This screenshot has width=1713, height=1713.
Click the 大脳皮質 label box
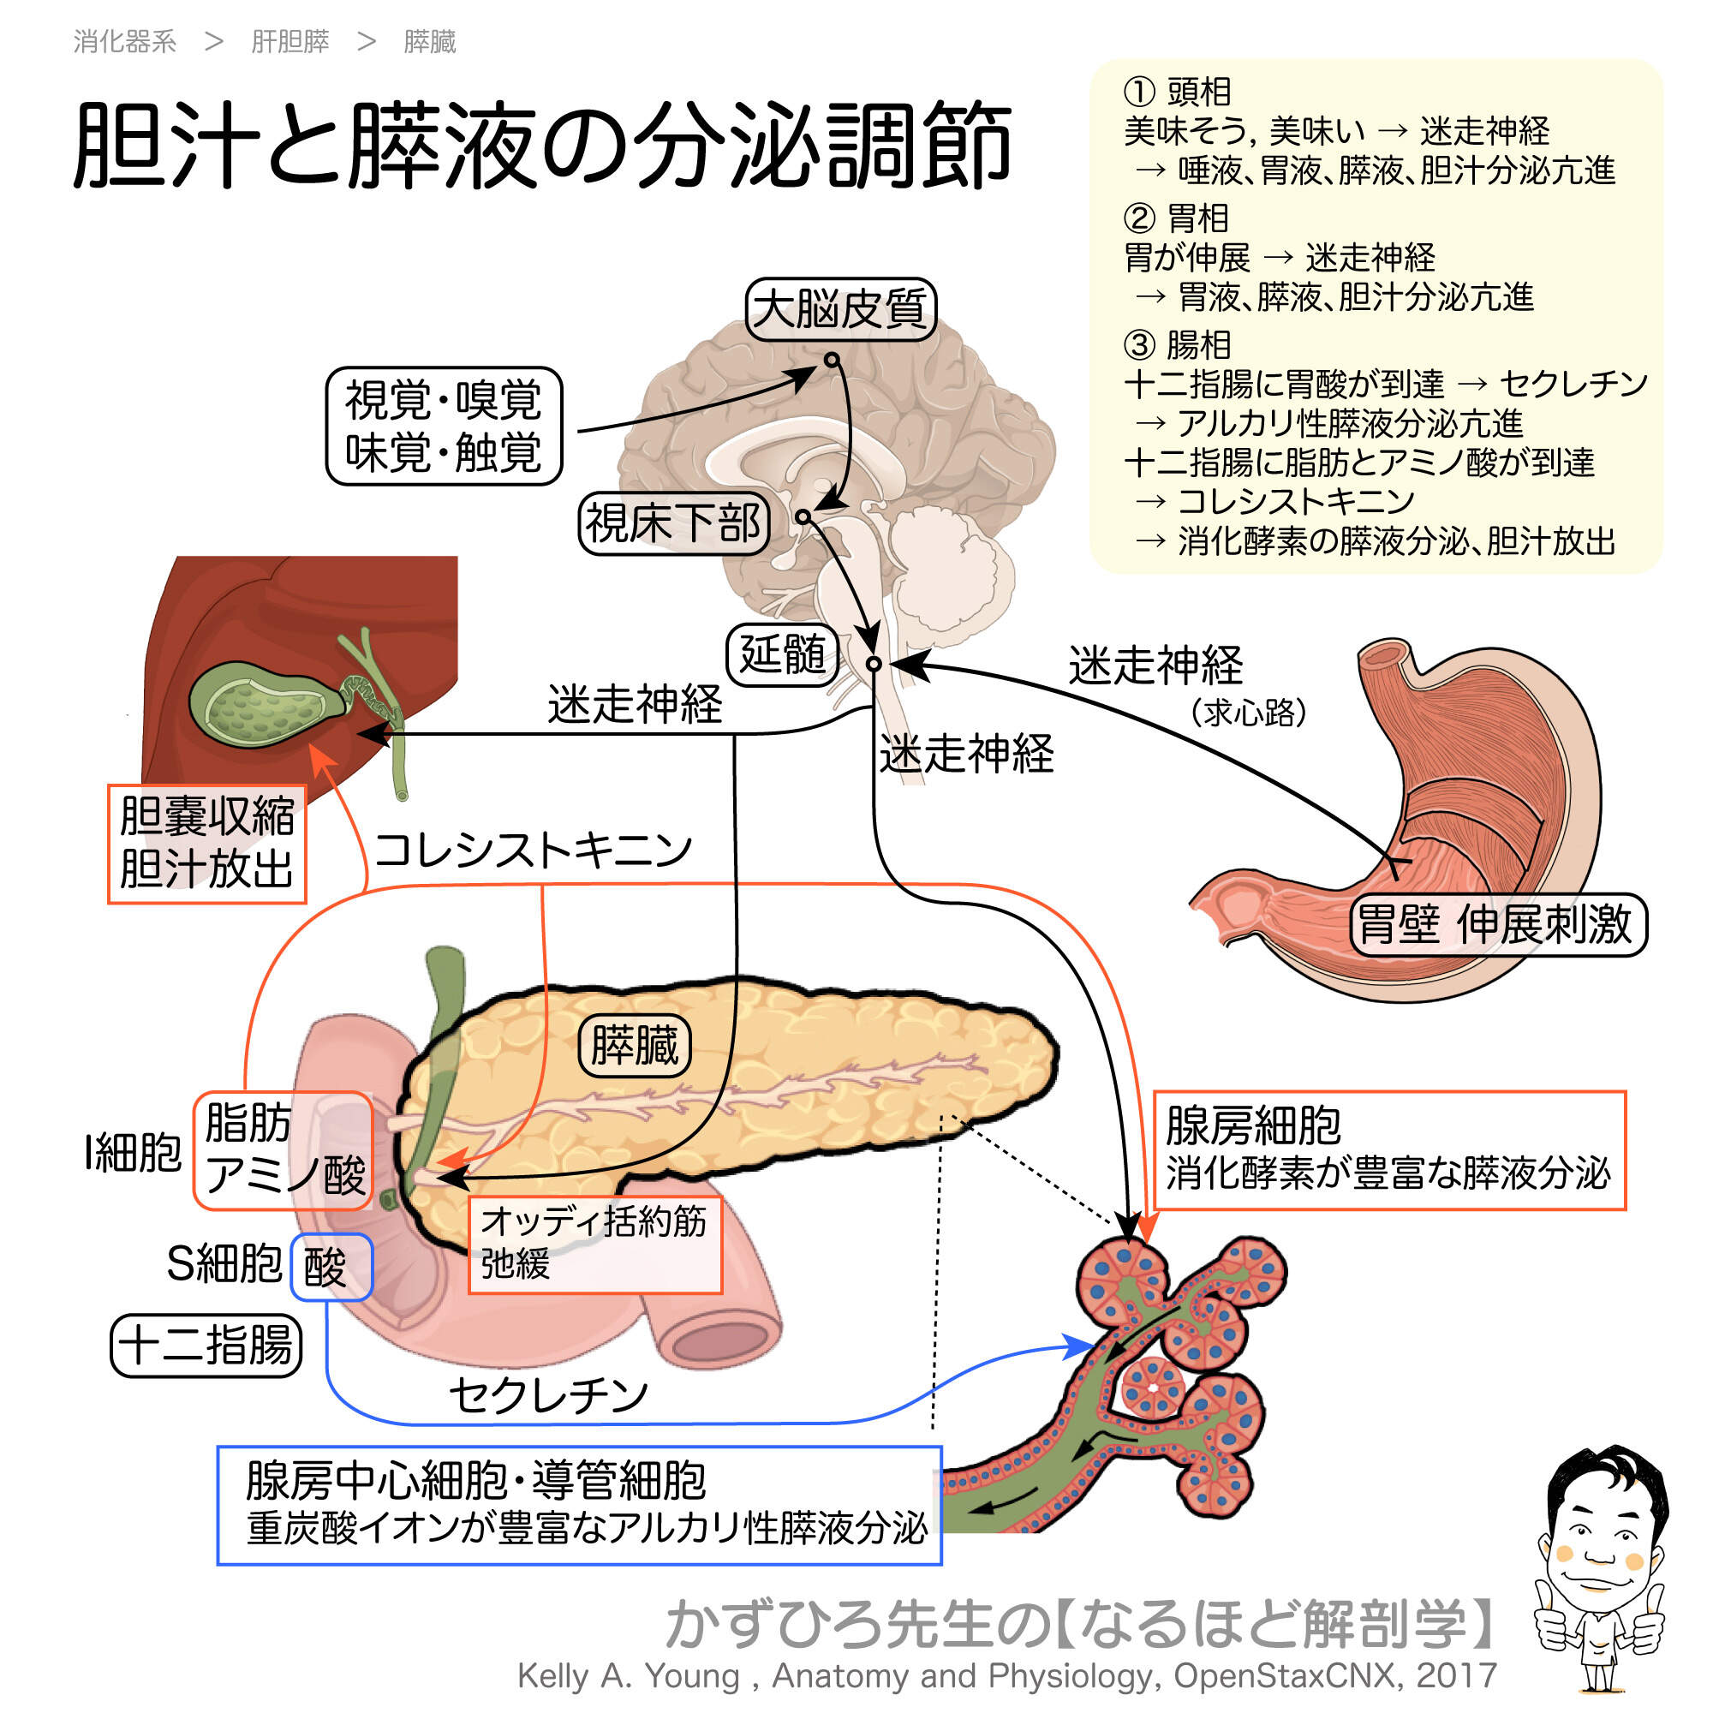(839, 308)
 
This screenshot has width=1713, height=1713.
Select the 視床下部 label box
(673, 523)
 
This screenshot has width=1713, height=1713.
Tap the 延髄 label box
(782, 654)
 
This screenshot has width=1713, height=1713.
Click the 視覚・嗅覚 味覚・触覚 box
(444, 426)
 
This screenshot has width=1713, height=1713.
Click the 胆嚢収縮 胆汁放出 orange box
(206, 843)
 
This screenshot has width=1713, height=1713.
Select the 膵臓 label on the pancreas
(634, 1045)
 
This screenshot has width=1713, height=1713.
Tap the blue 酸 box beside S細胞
(331, 1267)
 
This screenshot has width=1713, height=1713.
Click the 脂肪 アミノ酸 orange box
(283, 1150)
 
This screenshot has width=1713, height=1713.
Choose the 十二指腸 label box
(206, 1345)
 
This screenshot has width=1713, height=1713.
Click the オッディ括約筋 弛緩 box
(594, 1244)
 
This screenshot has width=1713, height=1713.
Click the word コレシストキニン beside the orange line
(532, 850)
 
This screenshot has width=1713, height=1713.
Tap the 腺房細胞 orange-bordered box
(1388, 1150)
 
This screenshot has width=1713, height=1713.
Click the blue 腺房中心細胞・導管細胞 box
(579, 1506)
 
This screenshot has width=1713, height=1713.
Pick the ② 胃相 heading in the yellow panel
(1177, 218)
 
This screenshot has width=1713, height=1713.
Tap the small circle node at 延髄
(874, 664)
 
